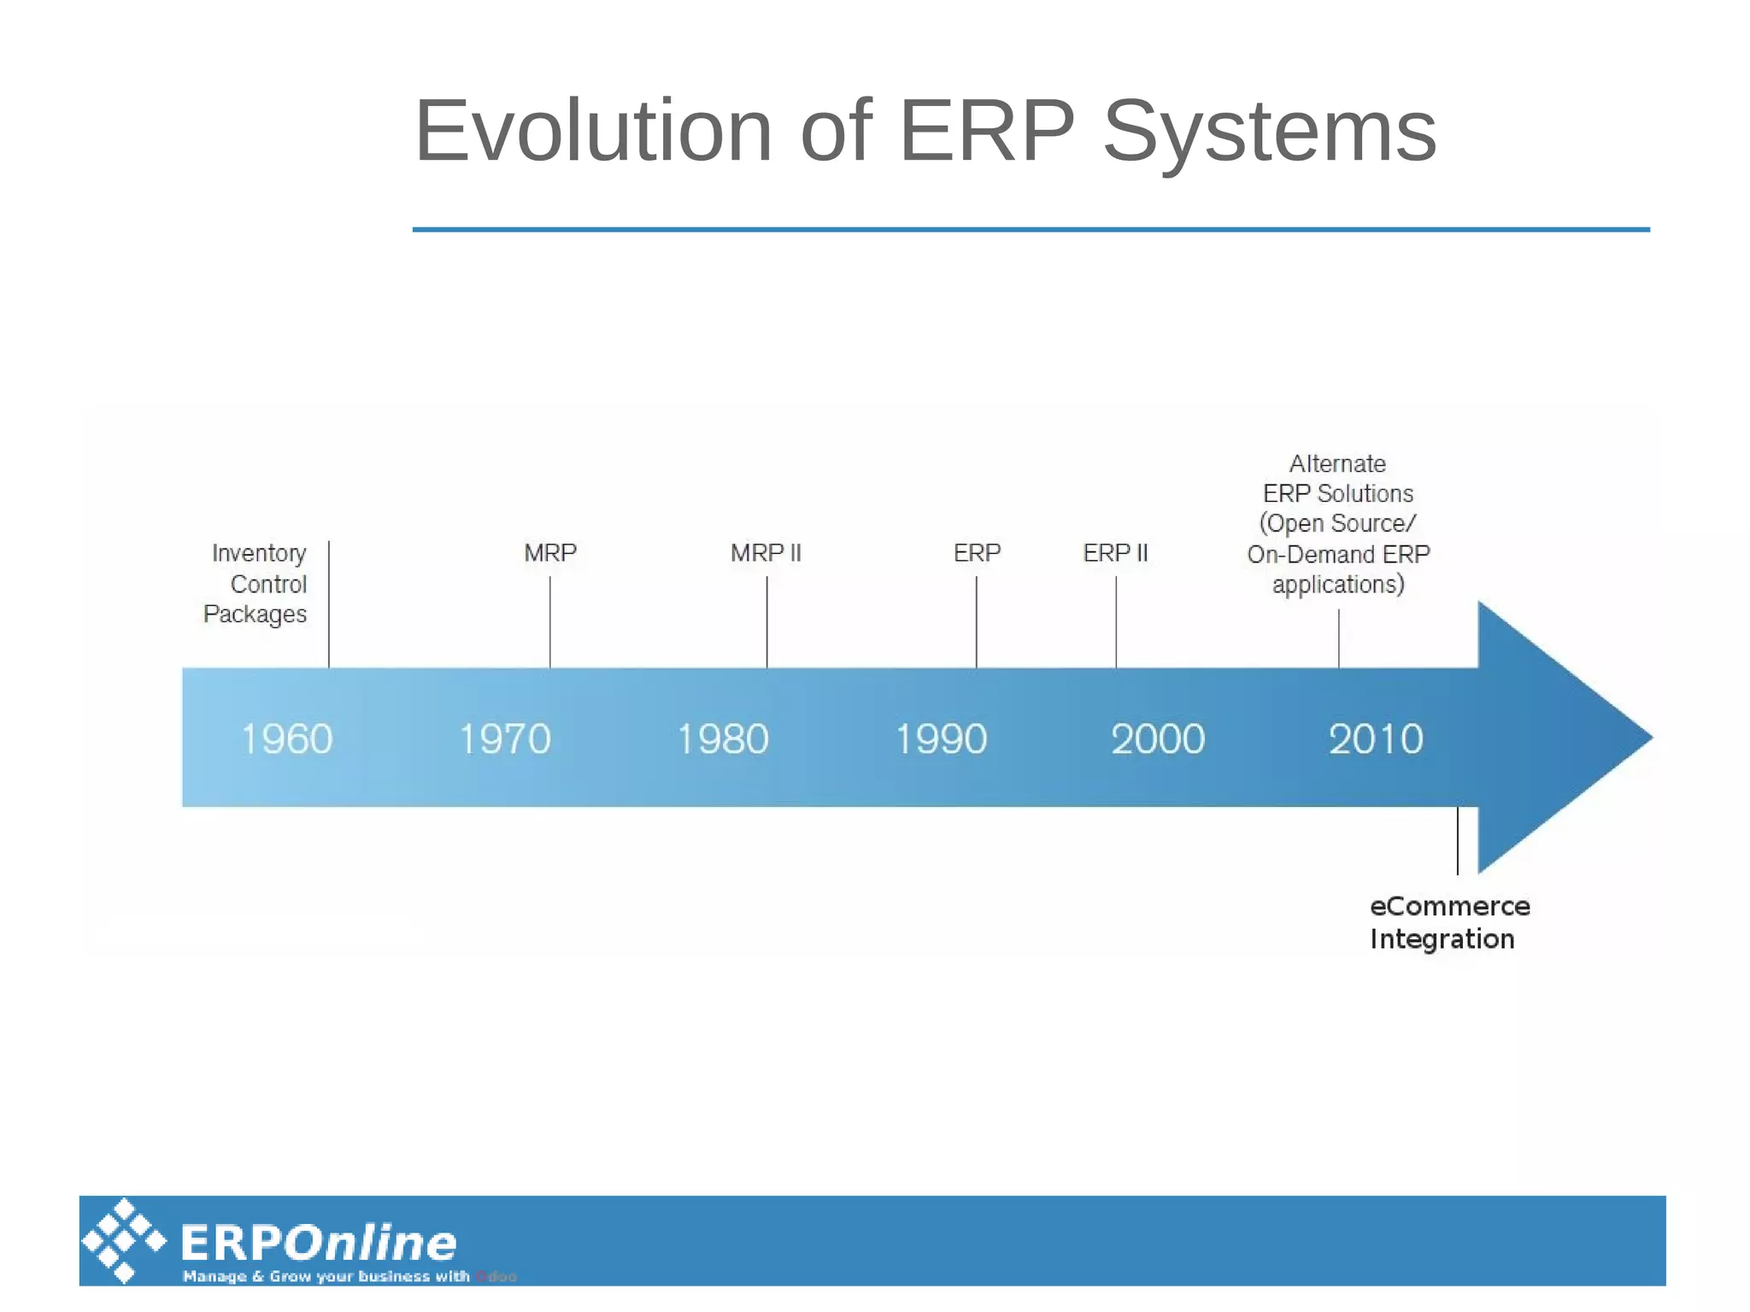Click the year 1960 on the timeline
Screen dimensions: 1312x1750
tap(286, 738)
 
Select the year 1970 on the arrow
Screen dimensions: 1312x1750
tap(505, 738)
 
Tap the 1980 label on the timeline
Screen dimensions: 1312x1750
tap(723, 738)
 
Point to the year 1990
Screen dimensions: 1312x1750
tap(941, 738)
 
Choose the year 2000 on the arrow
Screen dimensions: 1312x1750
tap(1158, 738)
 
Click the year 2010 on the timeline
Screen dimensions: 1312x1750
tap(1376, 738)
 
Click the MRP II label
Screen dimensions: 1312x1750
tap(766, 553)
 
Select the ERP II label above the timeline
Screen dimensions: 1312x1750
tap(1115, 553)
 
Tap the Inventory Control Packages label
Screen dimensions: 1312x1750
tap(256, 584)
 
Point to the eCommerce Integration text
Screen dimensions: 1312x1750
tap(1448, 922)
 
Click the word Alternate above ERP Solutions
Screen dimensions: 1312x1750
tap(1337, 463)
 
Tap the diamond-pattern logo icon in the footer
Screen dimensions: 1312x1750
tap(124, 1240)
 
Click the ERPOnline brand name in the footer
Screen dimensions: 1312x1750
tap(319, 1243)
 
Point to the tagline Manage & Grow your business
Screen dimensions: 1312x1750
tap(326, 1276)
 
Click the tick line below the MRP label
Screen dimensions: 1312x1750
tap(549, 621)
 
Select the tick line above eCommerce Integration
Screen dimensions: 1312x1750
tap(1458, 840)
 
